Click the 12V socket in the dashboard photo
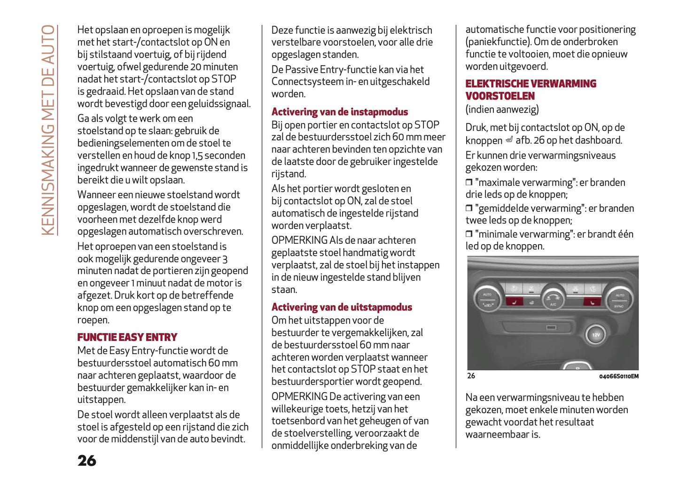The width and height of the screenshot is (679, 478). tap(595, 334)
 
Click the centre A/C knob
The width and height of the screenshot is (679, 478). tap(553, 299)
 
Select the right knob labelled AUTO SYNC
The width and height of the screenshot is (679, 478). tap(619, 300)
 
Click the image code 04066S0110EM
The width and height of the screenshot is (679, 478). tap(618, 377)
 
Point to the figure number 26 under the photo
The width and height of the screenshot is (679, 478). tap(471, 376)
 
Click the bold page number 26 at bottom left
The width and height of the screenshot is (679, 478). tap(87, 461)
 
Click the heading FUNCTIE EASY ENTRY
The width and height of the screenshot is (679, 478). tap(127, 338)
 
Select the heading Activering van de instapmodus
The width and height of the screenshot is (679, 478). tap(339, 112)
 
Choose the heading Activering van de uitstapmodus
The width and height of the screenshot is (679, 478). tap(342, 308)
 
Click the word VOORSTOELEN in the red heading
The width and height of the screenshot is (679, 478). tap(500, 96)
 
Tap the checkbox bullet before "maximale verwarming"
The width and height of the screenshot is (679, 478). tap(468, 182)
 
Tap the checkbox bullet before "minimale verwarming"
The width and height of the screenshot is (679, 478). tap(468, 234)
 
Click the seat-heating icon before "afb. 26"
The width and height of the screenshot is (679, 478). tap(509, 140)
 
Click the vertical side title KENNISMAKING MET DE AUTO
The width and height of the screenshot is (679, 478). tap(48, 130)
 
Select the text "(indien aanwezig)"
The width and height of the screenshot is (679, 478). tap(502, 110)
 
